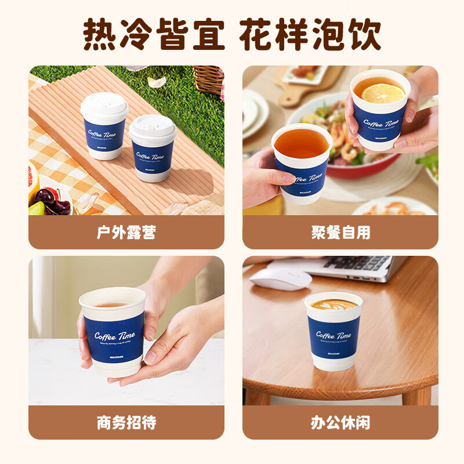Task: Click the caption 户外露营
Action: tap(126, 233)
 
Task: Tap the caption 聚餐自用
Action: tap(340, 233)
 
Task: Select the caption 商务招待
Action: tap(126, 422)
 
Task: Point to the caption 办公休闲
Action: tap(340, 422)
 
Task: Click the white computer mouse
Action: tap(281, 278)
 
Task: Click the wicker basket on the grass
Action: tap(208, 78)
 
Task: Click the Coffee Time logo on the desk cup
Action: tap(333, 336)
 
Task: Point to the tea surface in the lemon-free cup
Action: tap(301, 143)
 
